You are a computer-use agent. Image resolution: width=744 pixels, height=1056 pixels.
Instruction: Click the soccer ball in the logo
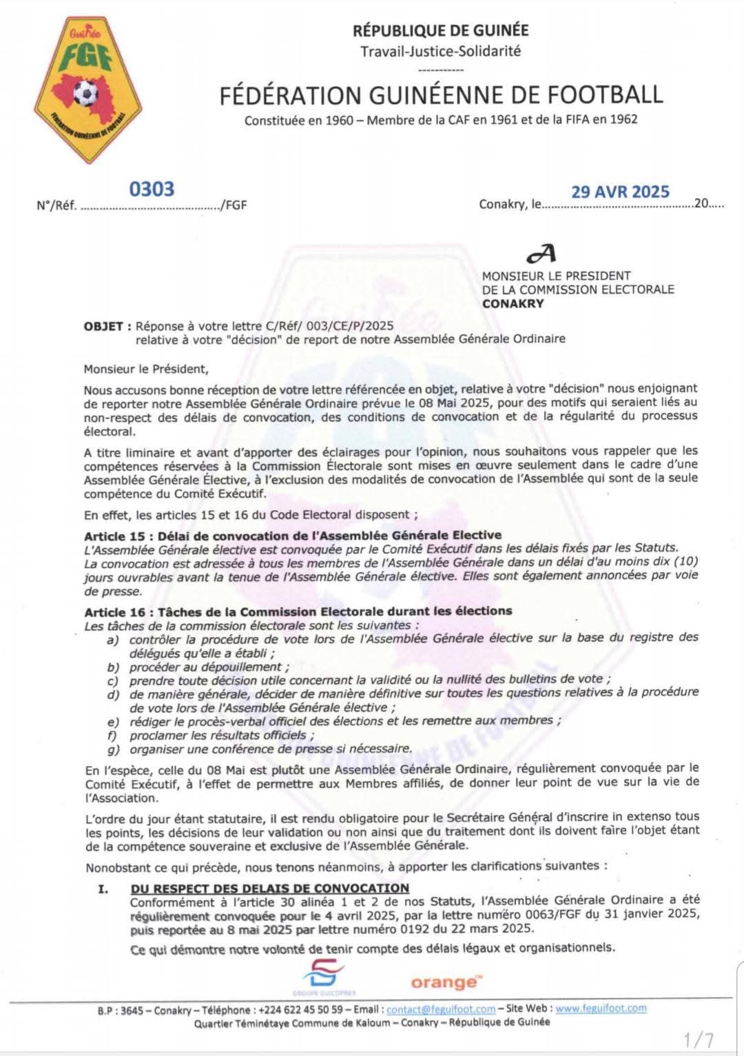(x=85, y=92)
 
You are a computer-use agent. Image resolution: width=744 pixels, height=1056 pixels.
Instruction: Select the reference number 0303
(x=152, y=189)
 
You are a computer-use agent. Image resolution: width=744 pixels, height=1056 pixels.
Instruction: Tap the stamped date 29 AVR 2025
(x=620, y=192)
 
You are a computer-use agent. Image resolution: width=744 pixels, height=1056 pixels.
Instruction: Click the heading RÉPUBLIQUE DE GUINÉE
(x=441, y=30)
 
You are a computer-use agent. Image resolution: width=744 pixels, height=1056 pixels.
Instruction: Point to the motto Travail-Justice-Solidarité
(x=441, y=51)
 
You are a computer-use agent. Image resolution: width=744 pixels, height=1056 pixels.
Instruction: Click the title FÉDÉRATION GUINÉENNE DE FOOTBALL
(x=441, y=95)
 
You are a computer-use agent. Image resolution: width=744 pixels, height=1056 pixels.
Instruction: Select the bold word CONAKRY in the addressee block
(x=513, y=303)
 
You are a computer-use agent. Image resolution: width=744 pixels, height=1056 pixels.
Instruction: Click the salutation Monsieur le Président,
(x=145, y=369)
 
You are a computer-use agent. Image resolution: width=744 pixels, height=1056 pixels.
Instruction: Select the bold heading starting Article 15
(x=293, y=536)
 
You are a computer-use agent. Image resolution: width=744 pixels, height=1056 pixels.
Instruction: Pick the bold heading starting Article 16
(x=298, y=611)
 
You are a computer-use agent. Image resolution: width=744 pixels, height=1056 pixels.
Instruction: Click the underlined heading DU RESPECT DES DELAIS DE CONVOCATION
(x=269, y=889)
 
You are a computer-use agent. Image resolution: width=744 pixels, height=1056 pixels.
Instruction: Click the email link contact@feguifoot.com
(x=441, y=1009)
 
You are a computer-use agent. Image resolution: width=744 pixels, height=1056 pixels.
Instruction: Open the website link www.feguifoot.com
(x=601, y=1008)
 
